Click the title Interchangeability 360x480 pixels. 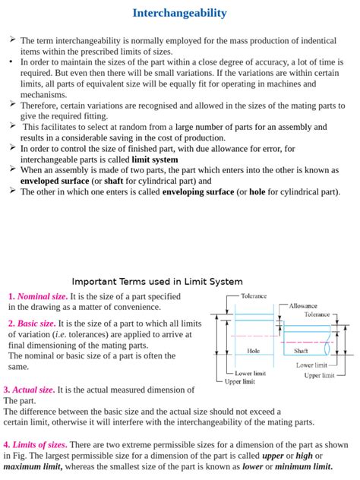coord(179,13)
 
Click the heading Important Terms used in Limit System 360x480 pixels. coord(157,281)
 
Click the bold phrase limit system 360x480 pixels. coord(155,159)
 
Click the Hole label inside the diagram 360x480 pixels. coord(254,351)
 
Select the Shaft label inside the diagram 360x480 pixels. coord(301,351)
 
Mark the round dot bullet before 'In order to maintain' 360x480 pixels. coord(11,62)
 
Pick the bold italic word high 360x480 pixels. coord(305,456)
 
